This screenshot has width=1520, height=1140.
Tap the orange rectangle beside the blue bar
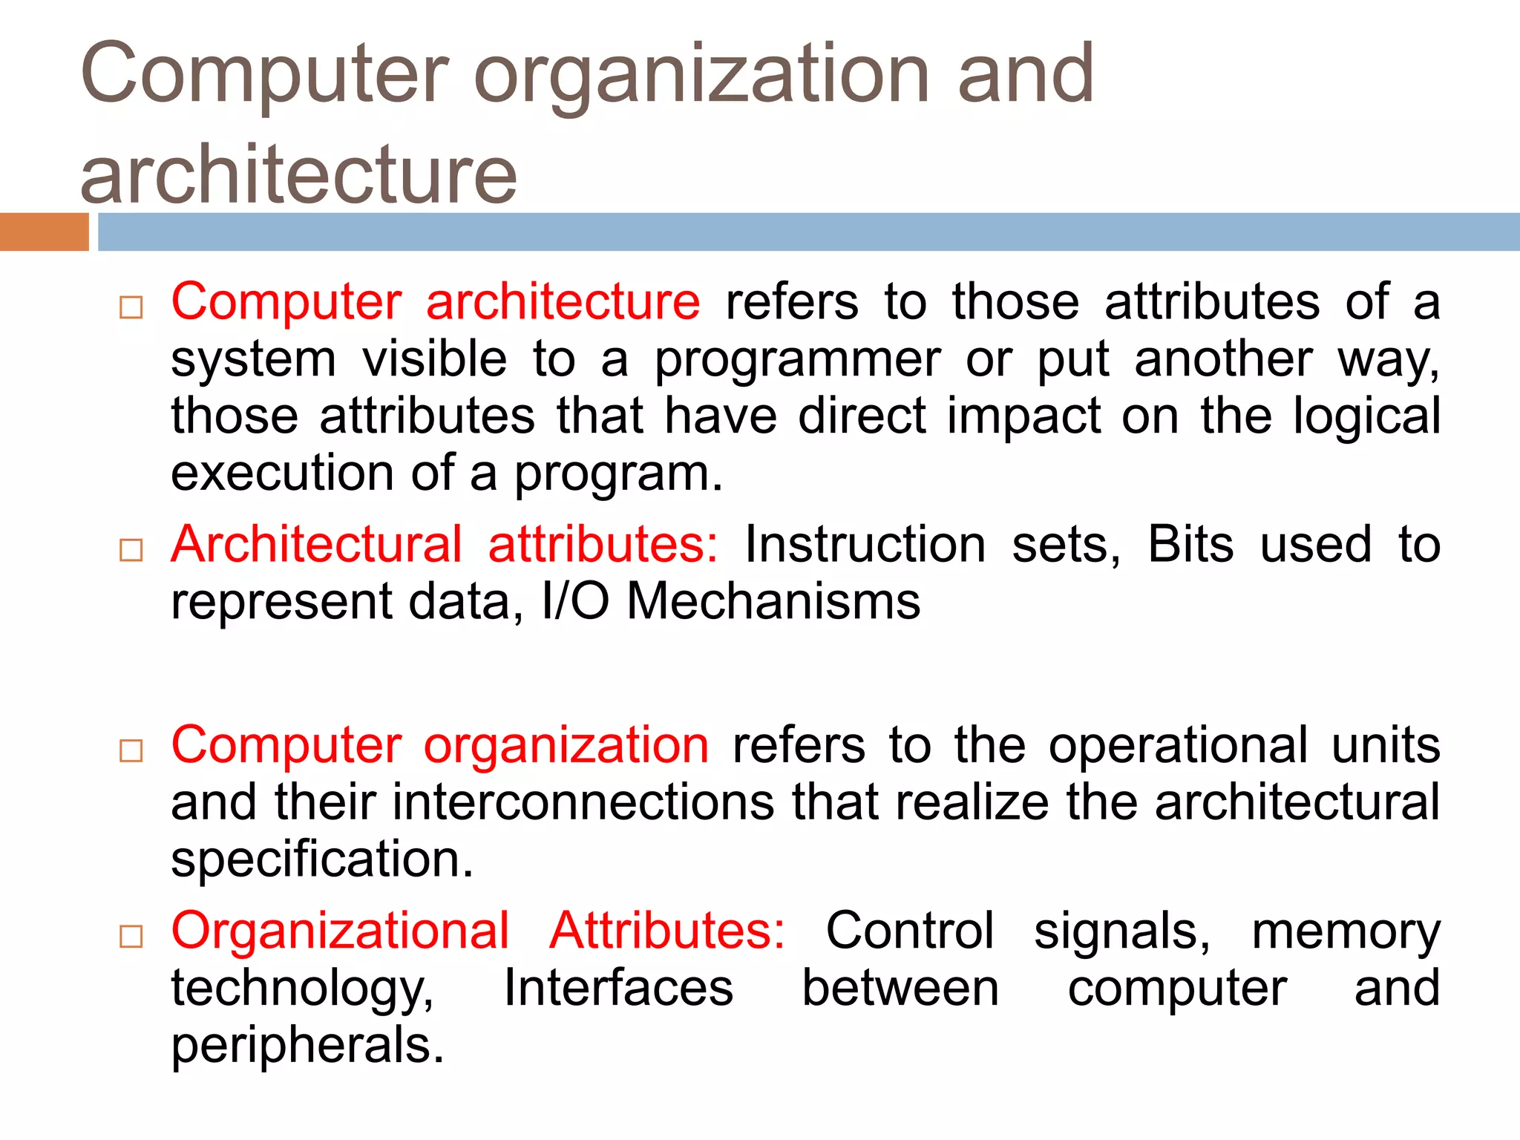pos(44,232)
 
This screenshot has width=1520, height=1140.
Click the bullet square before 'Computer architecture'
pos(131,307)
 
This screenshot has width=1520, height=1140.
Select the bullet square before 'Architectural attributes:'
pos(131,550)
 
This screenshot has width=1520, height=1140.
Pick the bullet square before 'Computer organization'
pos(131,750)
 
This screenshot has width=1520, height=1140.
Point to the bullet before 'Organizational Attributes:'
pos(131,937)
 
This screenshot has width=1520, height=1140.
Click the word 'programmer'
pos(798,361)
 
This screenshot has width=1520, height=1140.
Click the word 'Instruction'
pos(865,545)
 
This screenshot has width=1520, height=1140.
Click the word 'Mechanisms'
pos(773,600)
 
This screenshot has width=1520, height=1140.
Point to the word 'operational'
pos(1178,745)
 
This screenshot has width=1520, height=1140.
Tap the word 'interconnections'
pos(583,802)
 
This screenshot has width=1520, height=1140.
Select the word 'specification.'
pos(322,859)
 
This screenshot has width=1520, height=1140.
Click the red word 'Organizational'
pos(341,931)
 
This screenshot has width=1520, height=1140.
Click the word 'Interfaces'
pos(618,988)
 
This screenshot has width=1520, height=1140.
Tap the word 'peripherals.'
pos(307,1046)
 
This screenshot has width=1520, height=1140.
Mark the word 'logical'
pos(1366,416)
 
